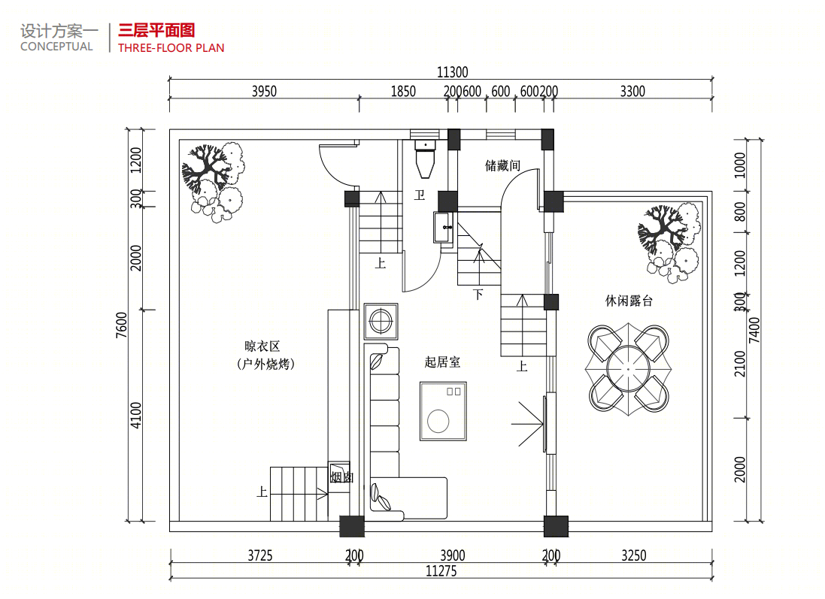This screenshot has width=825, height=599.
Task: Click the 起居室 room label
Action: pos(442,362)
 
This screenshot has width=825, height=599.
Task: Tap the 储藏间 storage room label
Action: pos(502,165)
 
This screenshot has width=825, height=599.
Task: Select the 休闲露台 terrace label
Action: pos(629,301)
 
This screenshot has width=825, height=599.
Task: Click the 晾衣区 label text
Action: pos(262,346)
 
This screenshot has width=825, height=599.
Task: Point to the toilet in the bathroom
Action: pos(426,158)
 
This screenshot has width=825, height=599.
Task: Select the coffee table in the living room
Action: pos(443,411)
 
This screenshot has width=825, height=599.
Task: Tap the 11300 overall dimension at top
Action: pos(453,73)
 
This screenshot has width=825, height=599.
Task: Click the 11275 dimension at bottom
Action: pos(441,571)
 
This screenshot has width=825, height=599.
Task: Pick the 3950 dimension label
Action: pos(264,92)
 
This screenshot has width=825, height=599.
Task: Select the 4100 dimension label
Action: pos(136,416)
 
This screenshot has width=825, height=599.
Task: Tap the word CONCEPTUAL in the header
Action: pos(57,47)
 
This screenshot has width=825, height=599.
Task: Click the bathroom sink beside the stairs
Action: pos(442,227)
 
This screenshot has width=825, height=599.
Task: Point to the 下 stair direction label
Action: pos(478,294)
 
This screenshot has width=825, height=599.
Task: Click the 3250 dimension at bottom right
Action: pos(634,556)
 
